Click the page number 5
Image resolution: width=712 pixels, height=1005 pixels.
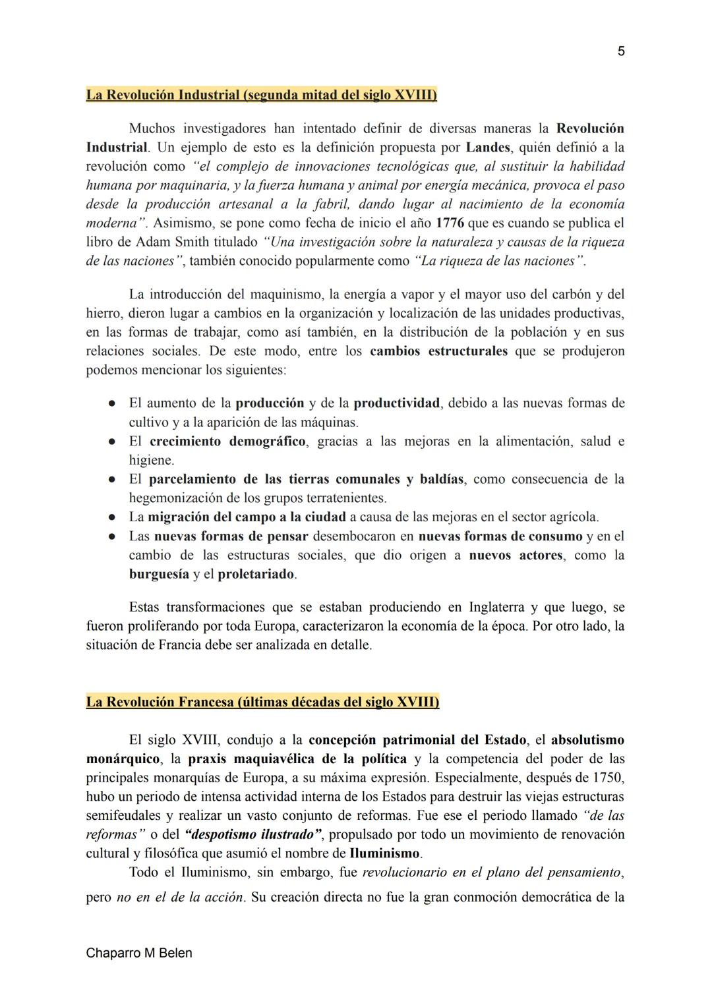tap(621, 51)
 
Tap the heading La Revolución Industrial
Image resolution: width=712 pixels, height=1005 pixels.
tap(261, 95)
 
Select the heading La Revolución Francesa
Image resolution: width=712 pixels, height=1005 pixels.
tap(262, 702)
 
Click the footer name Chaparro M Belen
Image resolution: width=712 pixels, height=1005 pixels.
tap(139, 953)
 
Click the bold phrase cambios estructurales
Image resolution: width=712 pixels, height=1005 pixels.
tap(438, 351)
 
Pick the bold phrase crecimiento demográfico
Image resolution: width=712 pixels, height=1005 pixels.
tap(227, 441)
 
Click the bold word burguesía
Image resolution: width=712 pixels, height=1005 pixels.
tap(159, 574)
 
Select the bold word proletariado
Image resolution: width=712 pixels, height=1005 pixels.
tap(256, 574)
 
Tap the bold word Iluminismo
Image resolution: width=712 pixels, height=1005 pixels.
tap(384, 853)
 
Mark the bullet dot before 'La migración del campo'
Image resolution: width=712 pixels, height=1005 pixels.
tap(113, 517)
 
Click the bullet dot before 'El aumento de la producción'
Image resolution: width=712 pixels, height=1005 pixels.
tap(113, 403)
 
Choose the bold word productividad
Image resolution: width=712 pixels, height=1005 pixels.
tap(396, 403)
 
